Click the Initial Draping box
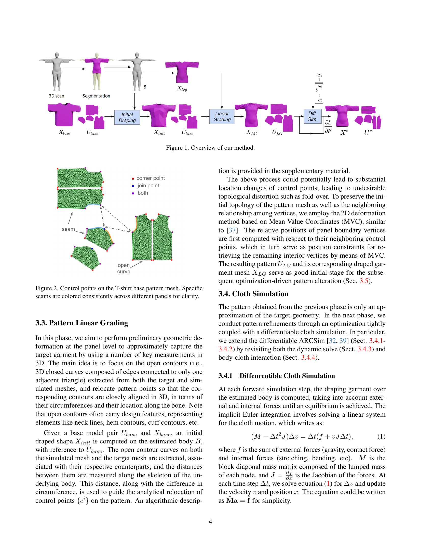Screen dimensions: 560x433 (127, 117)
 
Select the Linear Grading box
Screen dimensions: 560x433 (222, 116)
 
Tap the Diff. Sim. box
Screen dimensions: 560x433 (313, 116)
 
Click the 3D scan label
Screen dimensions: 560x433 (57, 96)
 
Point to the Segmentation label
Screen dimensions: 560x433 (96, 96)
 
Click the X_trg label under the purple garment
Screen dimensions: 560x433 (182, 89)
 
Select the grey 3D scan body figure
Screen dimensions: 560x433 (57, 72)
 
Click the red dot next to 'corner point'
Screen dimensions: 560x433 (133, 178)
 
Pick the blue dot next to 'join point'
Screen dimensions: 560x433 (133, 186)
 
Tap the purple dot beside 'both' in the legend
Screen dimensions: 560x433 (133, 193)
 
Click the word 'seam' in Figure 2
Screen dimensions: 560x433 (68, 229)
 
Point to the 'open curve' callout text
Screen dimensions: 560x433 (124, 269)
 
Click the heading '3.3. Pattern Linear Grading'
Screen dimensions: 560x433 (82, 323)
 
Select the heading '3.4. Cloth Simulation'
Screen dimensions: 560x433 (253, 293)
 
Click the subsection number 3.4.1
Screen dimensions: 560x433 (225, 376)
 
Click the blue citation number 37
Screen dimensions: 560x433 (232, 230)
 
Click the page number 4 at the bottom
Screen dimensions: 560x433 (210, 522)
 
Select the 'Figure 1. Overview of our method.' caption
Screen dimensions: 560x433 (210, 148)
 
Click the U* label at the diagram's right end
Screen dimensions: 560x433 (368, 133)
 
